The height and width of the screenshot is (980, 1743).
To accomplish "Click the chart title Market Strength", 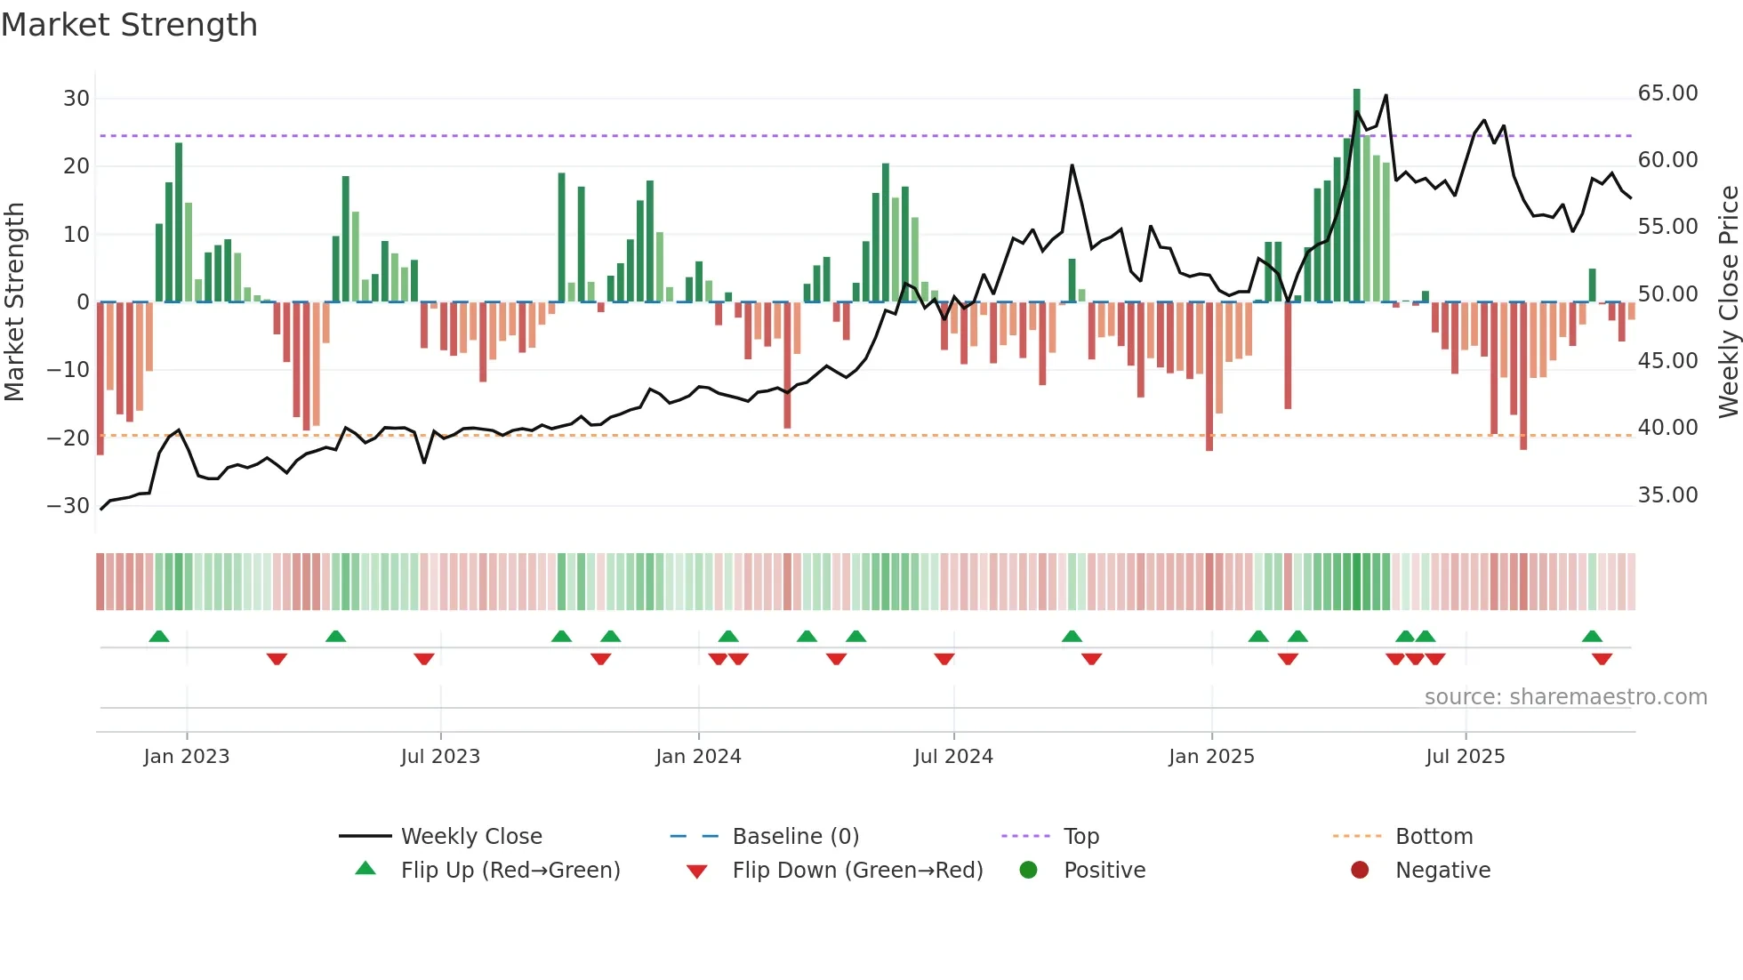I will click(x=129, y=25).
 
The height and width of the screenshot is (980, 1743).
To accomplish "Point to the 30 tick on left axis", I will click(x=76, y=99).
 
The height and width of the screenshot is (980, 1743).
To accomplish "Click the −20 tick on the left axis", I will click(x=68, y=438).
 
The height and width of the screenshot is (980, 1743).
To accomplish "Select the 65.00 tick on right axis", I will click(x=1667, y=93).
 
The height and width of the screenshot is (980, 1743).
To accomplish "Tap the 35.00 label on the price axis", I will click(x=1667, y=495).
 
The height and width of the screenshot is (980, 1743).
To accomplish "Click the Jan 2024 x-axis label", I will click(x=698, y=757).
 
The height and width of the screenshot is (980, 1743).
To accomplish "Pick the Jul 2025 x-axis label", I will click(x=1465, y=757).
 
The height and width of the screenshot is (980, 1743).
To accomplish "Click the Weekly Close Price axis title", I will click(x=1728, y=301).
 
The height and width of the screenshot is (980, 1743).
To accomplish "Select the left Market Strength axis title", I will click(x=14, y=301).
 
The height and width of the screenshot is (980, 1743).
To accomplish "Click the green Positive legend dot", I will click(x=1028, y=871).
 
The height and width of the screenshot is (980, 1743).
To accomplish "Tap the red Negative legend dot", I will click(x=1360, y=871).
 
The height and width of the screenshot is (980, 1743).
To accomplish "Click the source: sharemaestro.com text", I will click(x=1565, y=697).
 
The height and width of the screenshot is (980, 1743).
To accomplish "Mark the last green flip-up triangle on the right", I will click(x=1592, y=637).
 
